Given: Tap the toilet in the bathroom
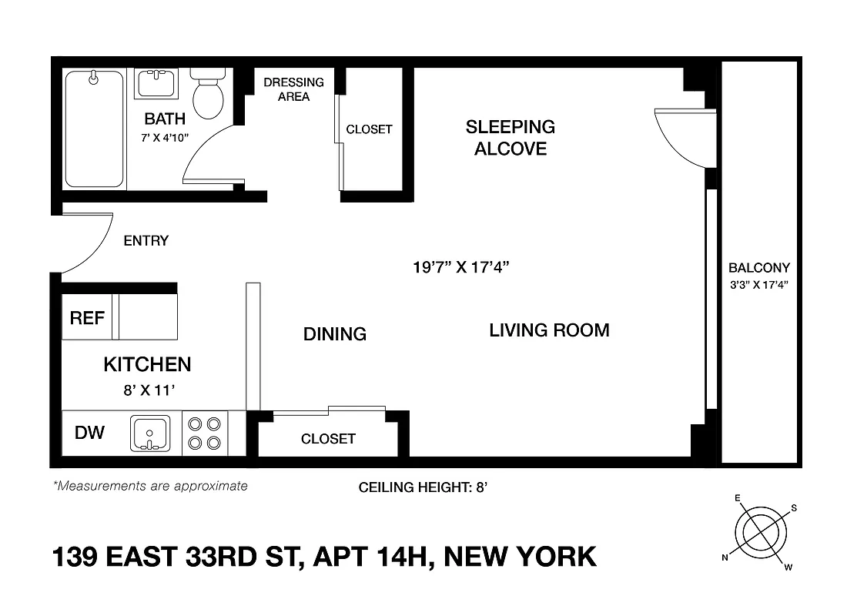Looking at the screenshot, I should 207,95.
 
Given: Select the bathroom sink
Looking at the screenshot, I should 157,82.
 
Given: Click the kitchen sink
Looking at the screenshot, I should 150,434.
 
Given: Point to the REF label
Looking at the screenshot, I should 87,318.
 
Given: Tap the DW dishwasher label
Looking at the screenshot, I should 90,433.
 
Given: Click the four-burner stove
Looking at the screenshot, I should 205,433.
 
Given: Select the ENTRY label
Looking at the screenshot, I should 146,241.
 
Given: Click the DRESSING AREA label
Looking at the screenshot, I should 293,89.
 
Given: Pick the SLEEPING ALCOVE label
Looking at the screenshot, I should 511,137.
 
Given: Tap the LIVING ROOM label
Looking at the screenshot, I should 549,330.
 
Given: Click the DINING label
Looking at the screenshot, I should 334,334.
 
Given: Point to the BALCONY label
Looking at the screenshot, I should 759,269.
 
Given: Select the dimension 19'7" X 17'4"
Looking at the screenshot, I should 461,268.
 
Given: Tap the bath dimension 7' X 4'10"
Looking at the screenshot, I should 165,139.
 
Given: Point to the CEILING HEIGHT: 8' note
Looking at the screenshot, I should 423,487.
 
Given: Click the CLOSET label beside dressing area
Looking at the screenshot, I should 369,129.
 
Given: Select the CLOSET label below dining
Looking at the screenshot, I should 328,439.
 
